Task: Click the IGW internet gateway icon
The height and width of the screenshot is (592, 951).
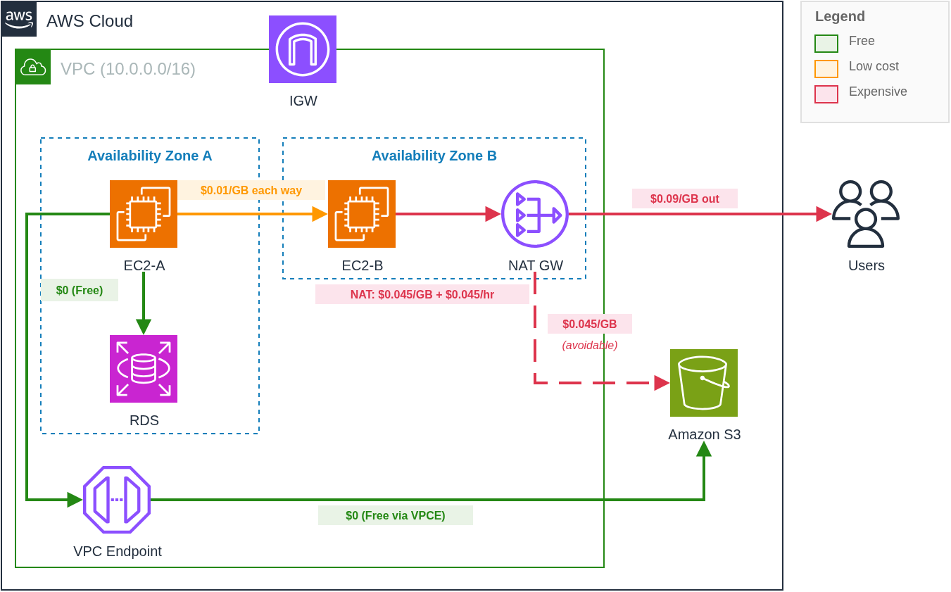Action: pyautogui.click(x=303, y=49)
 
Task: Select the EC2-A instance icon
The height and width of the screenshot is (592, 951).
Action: pyautogui.click(x=144, y=214)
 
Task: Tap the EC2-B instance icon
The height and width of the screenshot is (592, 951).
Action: pyautogui.click(x=362, y=214)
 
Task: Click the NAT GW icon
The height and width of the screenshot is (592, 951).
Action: pyautogui.click(x=535, y=214)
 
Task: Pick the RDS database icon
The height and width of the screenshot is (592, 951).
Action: pyautogui.click(x=144, y=369)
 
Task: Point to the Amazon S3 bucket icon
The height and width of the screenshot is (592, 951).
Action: pyautogui.click(x=704, y=383)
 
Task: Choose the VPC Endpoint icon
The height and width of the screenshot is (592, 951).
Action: pyautogui.click(x=117, y=500)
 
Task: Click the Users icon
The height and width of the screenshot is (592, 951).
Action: pyautogui.click(x=866, y=214)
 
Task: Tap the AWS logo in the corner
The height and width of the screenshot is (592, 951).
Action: pyautogui.click(x=19, y=19)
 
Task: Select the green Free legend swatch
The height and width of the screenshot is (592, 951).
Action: pyautogui.click(x=826, y=44)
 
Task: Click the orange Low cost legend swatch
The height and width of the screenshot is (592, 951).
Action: pyautogui.click(x=826, y=69)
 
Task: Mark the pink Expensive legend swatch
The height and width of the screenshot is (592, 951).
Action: pyautogui.click(x=826, y=94)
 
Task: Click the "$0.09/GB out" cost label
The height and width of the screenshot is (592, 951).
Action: pyautogui.click(x=685, y=199)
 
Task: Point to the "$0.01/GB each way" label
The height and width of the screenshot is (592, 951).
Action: pyautogui.click(x=251, y=190)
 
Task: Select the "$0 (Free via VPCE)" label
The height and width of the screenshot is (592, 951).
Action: pyautogui.click(x=396, y=515)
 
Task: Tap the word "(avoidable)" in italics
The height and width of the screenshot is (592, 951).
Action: pyautogui.click(x=590, y=345)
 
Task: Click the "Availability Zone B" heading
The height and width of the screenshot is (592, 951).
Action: pyautogui.click(x=434, y=156)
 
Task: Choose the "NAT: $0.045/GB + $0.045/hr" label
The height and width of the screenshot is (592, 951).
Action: pyautogui.click(x=422, y=294)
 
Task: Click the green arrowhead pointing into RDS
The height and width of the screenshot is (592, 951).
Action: pyautogui.click(x=144, y=327)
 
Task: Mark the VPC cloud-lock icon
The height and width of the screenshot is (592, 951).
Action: pyautogui.click(x=33, y=67)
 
